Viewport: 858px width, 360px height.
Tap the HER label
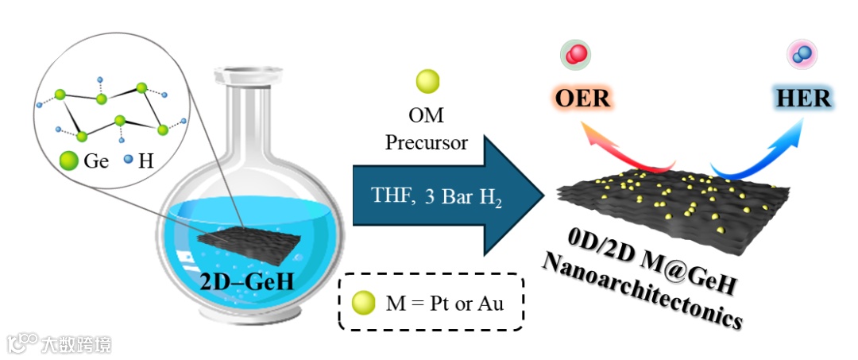tap(803, 99)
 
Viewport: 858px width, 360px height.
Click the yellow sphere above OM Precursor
tap(427, 81)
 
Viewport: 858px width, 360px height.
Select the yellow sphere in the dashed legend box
tap(364, 302)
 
